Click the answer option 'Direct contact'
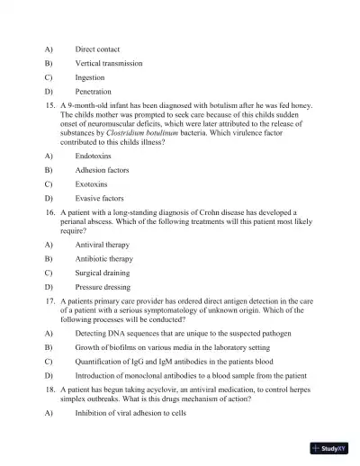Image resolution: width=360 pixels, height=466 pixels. coord(97,49)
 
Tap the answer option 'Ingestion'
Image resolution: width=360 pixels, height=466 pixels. coord(90,77)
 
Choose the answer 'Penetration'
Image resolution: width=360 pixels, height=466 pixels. coord(94,92)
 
